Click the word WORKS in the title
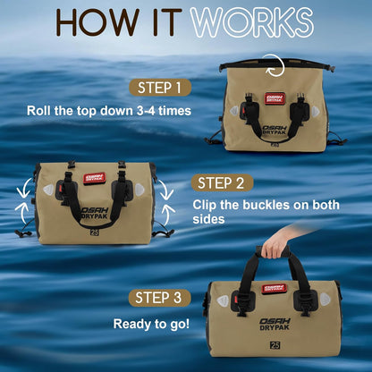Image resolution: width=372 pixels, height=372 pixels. pos(252,22)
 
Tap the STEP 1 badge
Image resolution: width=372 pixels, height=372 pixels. pos(160,88)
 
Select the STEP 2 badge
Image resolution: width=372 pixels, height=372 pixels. pos(222,182)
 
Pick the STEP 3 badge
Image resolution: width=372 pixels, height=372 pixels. pos(159,298)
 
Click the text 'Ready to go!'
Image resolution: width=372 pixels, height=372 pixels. pos(151,324)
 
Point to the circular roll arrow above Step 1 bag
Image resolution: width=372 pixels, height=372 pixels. pos(275,65)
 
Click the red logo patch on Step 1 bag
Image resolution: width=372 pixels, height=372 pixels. pos(275,98)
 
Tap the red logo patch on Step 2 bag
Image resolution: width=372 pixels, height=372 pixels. pos(94,178)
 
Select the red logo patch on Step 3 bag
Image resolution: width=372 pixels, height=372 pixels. pos(274,289)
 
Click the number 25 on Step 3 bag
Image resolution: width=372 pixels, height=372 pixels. pos(275,345)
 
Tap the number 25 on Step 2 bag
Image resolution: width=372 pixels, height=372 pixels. pos(95,232)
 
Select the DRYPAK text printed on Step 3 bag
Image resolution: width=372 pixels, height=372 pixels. pos(275,327)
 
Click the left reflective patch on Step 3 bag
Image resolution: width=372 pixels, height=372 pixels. pos(223,300)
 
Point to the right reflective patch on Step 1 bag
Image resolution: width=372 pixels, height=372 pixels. pos(316,112)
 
